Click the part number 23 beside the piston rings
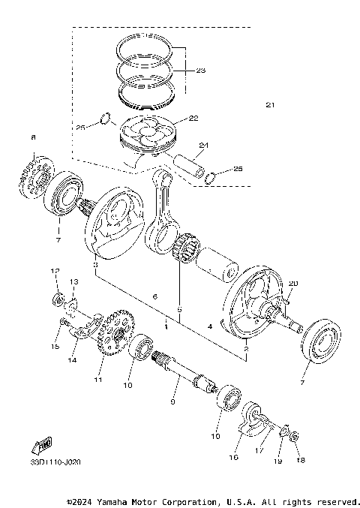tap(199, 71)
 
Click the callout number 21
tap(269, 104)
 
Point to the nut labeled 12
tap(57, 301)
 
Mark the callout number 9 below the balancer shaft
tap(173, 403)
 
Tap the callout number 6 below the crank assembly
tap(155, 298)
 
